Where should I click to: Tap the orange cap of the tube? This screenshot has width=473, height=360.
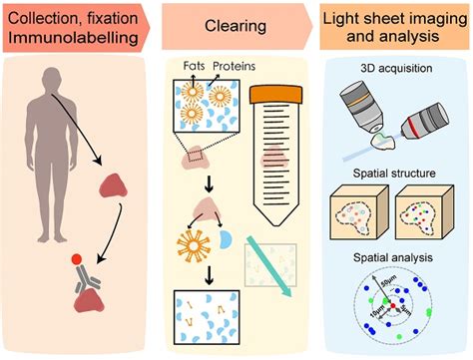coord(285,93)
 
